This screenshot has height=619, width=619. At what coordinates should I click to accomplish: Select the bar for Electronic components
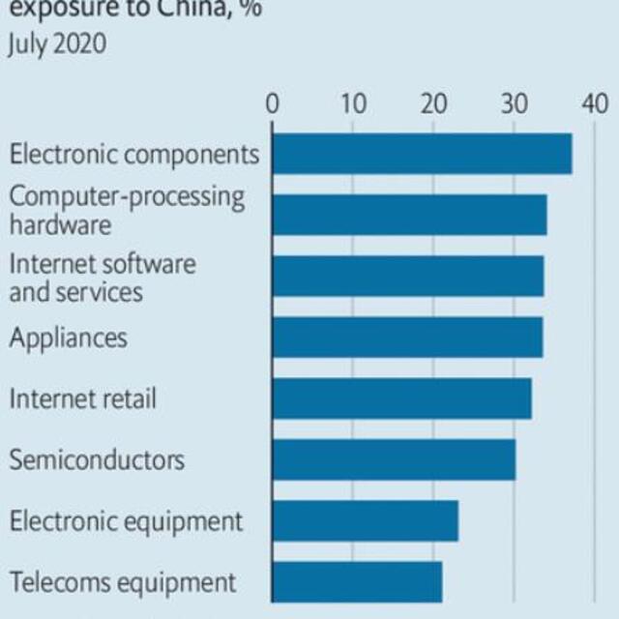422,154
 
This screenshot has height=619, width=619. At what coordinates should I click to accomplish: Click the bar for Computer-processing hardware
409,215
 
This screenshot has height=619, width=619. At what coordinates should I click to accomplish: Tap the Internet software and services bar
407,276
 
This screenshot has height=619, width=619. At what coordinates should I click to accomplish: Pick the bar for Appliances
407,337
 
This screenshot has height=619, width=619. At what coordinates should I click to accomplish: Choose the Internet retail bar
401,398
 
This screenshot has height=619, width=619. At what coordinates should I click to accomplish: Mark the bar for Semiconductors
394,459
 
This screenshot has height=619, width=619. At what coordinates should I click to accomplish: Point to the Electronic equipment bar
365,520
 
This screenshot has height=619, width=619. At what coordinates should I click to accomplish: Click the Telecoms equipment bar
357,581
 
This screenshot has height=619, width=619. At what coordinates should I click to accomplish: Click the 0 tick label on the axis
273,103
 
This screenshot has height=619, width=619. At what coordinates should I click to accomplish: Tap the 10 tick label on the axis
353,103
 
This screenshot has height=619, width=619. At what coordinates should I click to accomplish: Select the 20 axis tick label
434,103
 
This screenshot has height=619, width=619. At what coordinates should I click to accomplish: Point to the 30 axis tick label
515,103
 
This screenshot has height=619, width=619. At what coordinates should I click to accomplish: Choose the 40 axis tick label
595,103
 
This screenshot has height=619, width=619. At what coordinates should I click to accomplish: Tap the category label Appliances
68,338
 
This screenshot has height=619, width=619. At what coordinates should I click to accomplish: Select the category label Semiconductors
97,459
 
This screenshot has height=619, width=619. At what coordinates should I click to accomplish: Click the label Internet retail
82,398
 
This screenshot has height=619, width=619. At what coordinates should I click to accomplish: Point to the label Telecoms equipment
123,582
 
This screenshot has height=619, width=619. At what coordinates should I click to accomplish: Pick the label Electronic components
134,154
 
